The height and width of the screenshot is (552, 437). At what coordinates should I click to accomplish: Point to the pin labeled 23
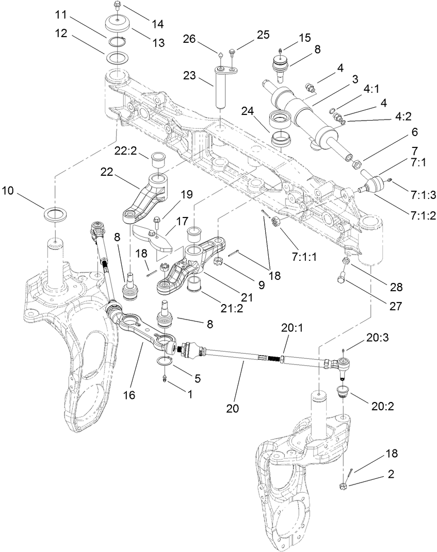coord(220,90)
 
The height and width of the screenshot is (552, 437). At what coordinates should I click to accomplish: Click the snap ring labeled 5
coord(165,360)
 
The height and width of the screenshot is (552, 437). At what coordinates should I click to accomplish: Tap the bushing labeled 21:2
coord(194,283)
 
